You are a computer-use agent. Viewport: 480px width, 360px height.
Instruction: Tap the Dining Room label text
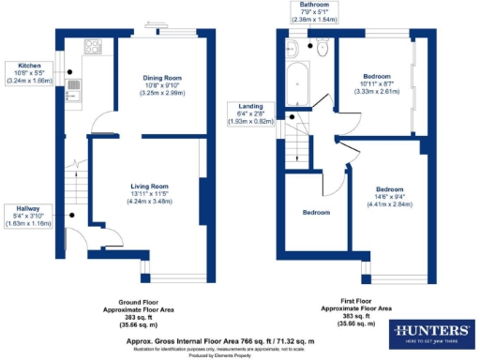162,86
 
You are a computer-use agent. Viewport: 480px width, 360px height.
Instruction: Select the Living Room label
148,193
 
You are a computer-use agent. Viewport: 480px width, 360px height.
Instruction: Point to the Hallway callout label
25,218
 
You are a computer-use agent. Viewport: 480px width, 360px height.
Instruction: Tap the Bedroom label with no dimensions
315,213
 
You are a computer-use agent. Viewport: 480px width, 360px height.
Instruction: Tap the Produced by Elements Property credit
240,355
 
